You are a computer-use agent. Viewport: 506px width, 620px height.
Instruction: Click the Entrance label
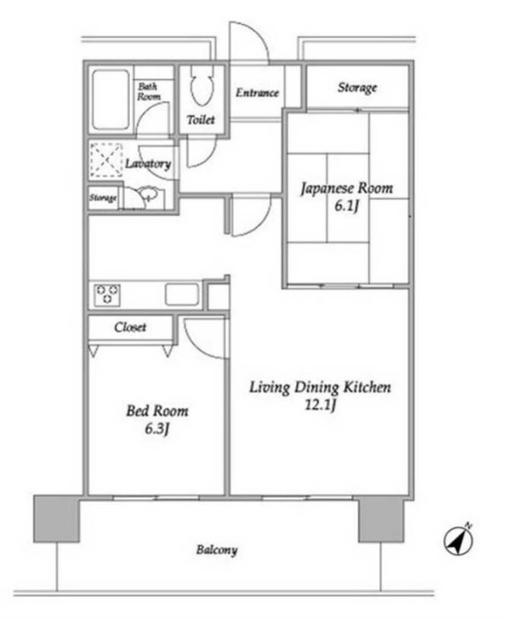[x=258, y=93]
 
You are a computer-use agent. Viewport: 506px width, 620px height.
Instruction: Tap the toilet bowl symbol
[x=202, y=84]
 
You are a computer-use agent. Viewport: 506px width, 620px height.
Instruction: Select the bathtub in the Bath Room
[x=111, y=100]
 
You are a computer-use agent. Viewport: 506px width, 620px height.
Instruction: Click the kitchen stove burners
[x=107, y=294]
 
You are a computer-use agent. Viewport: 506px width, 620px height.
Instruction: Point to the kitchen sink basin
[x=182, y=294]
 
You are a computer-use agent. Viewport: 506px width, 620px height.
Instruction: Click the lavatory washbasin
[x=148, y=193]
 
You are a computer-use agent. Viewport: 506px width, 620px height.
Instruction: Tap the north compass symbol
[x=458, y=540]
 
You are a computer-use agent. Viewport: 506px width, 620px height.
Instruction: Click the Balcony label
[x=217, y=550]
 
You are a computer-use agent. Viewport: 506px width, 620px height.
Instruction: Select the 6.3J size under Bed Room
[x=157, y=429]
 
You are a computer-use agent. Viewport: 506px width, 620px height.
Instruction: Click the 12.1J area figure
[x=321, y=405]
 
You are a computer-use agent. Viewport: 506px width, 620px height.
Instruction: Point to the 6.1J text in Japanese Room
[x=347, y=206]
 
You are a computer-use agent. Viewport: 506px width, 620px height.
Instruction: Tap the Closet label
[x=130, y=327]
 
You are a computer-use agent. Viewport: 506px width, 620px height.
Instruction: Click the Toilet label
[x=201, y=119]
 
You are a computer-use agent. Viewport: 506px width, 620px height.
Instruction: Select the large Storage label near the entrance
[x=357, y=88]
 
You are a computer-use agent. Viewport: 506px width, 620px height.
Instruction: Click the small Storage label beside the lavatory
[x=103, y=197]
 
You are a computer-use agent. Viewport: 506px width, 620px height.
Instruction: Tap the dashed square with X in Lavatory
[x=106, y=160]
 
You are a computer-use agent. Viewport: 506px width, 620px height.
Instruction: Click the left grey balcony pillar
[x=56, y=519]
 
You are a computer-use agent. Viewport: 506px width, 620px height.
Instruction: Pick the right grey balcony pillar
[x=382, y=520]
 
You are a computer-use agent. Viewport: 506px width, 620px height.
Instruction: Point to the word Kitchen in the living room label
[x=367, y=387]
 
